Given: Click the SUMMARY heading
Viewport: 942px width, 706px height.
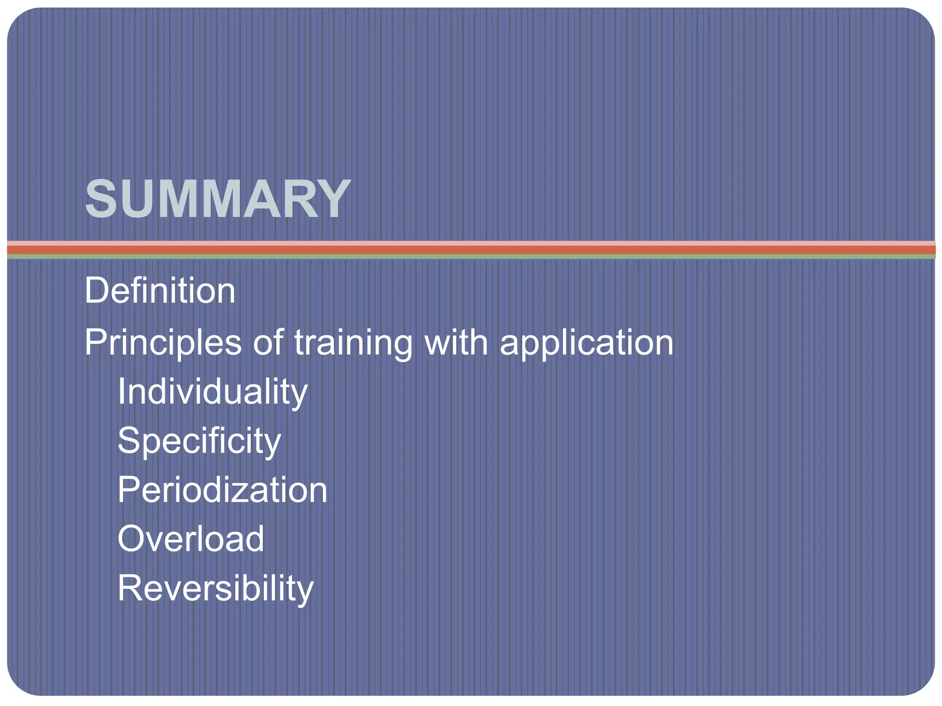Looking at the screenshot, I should coord(218,199).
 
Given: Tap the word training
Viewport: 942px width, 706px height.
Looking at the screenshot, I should coord(353,343).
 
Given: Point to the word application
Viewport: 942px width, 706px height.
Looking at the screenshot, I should coord(586,343).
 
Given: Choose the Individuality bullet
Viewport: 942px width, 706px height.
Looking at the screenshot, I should coord(213,392).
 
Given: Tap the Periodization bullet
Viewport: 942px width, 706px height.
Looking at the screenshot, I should coord(223,490).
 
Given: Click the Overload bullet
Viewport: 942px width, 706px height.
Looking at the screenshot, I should coord(191,539).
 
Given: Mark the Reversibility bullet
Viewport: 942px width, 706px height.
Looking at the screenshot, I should coord(215,588).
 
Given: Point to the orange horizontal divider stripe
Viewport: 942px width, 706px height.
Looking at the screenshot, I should coord(471,250).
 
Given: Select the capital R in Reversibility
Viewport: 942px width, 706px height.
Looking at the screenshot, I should coord(129,588).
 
